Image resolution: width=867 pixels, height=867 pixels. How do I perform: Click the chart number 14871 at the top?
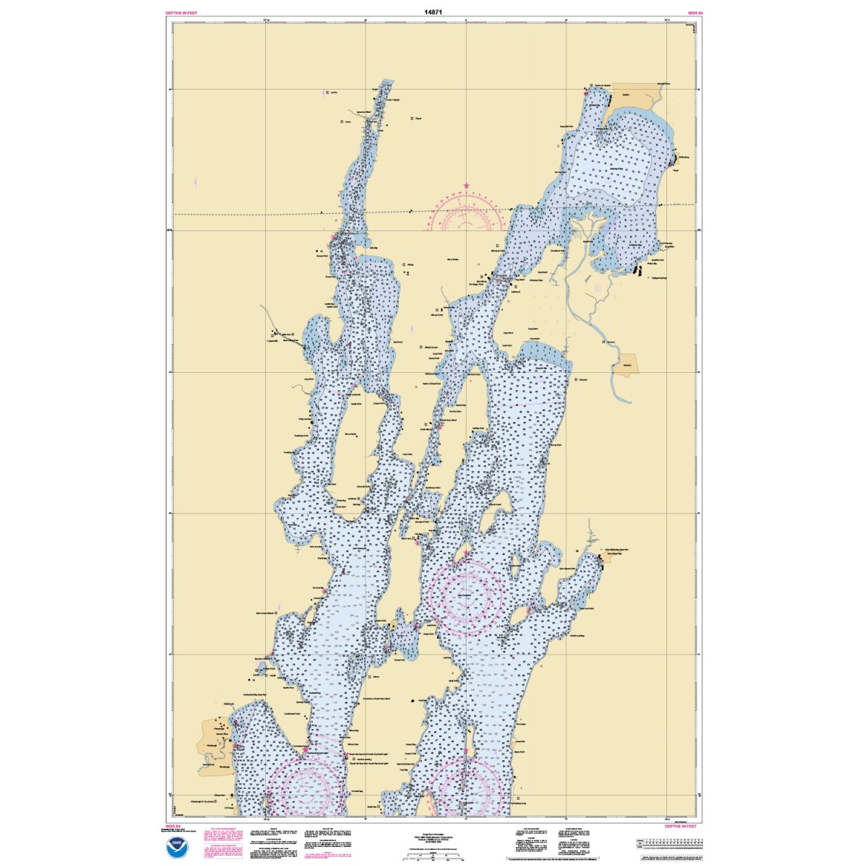(x=434, y=12)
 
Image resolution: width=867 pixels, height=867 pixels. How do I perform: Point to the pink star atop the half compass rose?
(x=467, y=186)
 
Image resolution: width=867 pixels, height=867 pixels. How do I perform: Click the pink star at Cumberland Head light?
(x=306, y=751)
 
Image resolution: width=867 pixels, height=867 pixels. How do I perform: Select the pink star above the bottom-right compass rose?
(x=465, y=751)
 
